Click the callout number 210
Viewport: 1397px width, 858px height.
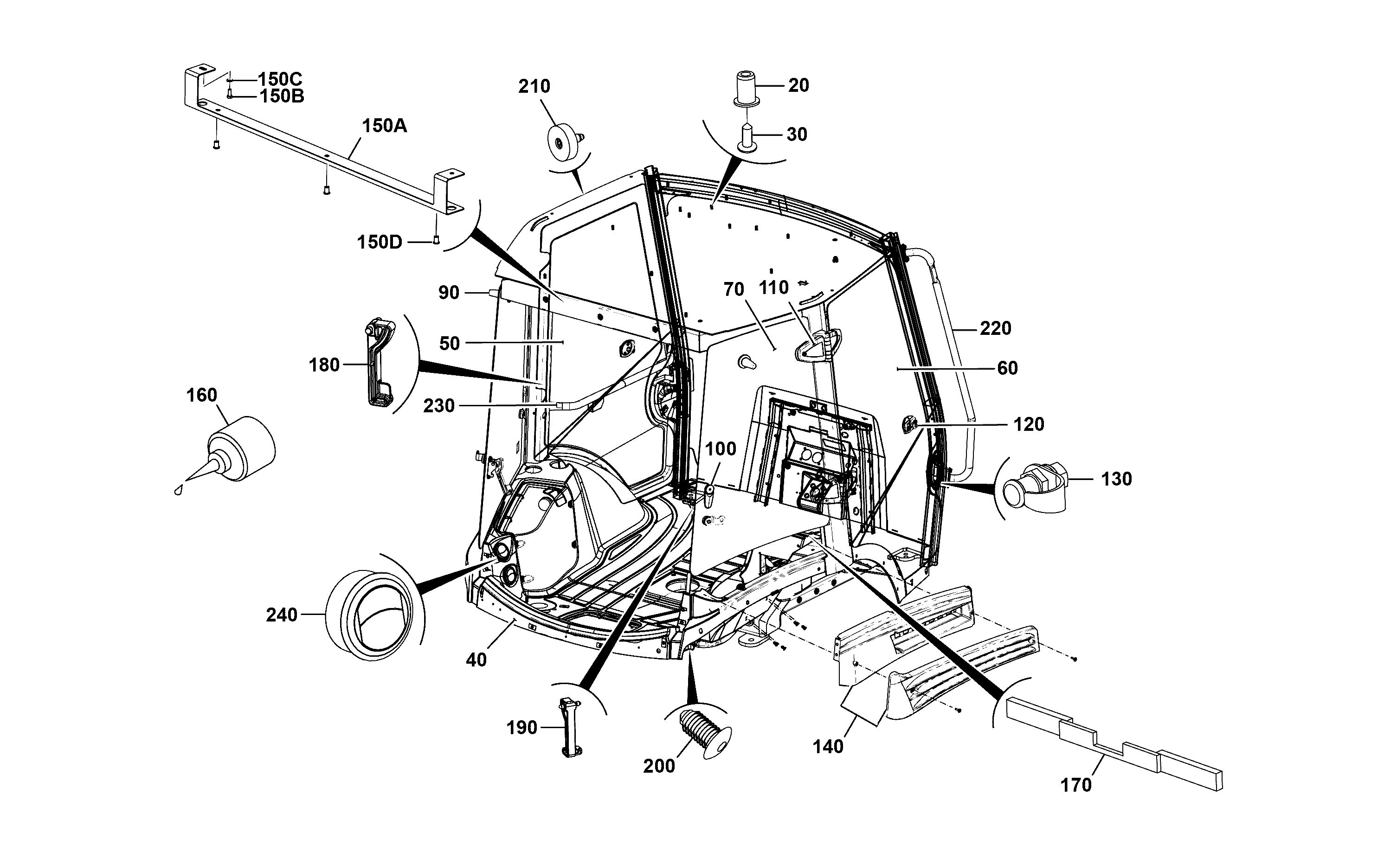coord(534,86)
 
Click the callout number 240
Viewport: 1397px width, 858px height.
coord(282,615)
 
